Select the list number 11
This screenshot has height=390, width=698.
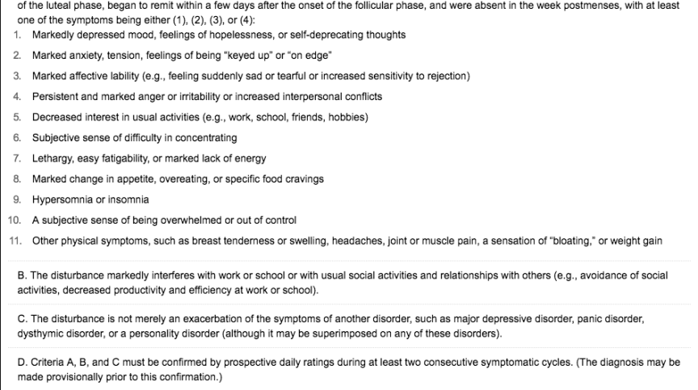tap(14, 241)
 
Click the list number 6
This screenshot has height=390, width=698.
tap(17, 137)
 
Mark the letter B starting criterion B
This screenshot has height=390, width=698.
tap(21, 275)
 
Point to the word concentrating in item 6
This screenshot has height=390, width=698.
tap(206, 137)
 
